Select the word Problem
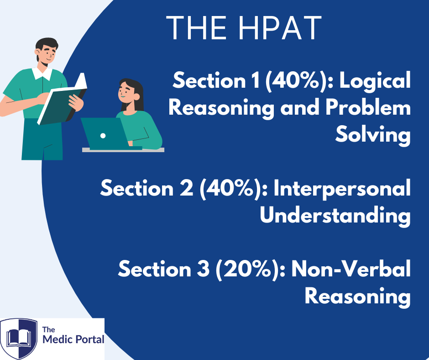click(368, 107)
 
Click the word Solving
click(373, 135)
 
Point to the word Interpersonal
click(342, 189)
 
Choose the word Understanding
click(335, 215)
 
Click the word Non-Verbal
click(351, 269)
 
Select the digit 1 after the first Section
click(256, 80)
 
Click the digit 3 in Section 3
click(203, 269)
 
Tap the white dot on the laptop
click(103, 136)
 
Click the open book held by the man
click(63, 100)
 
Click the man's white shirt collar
click(42, 74)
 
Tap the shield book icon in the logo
click(19, 339)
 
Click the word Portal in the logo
click(90, 339)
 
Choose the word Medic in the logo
click(58, 339)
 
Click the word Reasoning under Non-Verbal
click(358, 296)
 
